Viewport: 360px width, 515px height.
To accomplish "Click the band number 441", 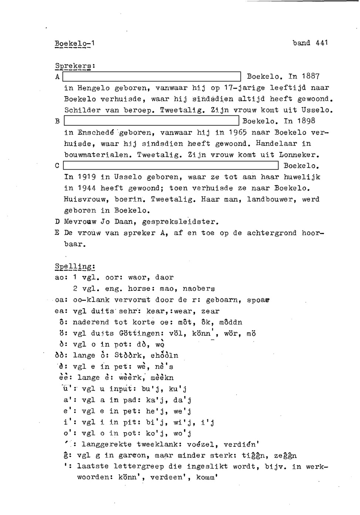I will (x=322, y=43).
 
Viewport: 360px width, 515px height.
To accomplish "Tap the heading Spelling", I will (x=75, y=266).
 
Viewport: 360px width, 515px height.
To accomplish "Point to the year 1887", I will (x=310, y=77).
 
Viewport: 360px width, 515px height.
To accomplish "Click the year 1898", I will (x=305, y=121).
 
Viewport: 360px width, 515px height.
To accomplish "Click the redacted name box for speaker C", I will (x=171, y=166).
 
